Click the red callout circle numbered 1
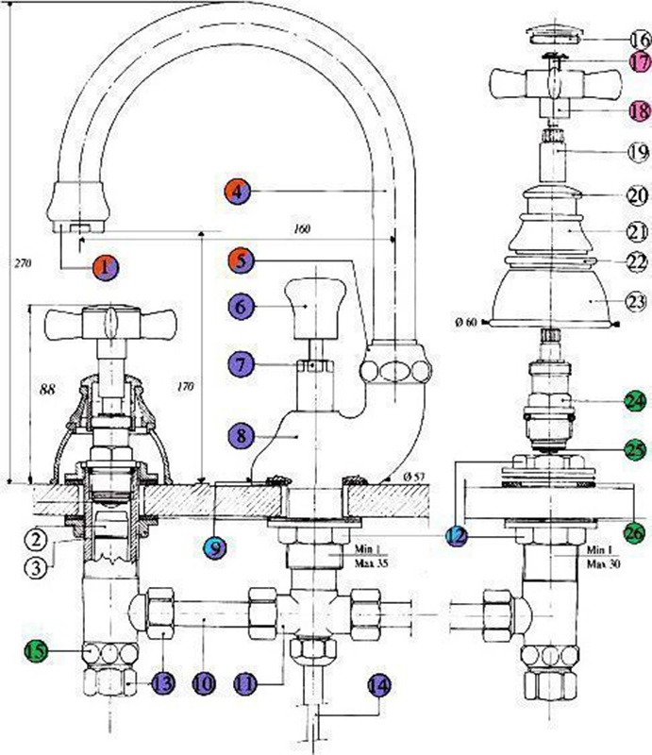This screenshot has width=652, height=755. point(108,267)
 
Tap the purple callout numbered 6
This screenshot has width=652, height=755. point(241,307)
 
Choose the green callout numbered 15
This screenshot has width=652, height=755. point(35,650)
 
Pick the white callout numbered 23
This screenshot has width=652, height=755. point(639,303)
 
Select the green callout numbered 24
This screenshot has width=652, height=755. point(639,399)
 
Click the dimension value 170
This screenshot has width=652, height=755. point(185,385)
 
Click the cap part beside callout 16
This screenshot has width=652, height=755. point(554,36)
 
